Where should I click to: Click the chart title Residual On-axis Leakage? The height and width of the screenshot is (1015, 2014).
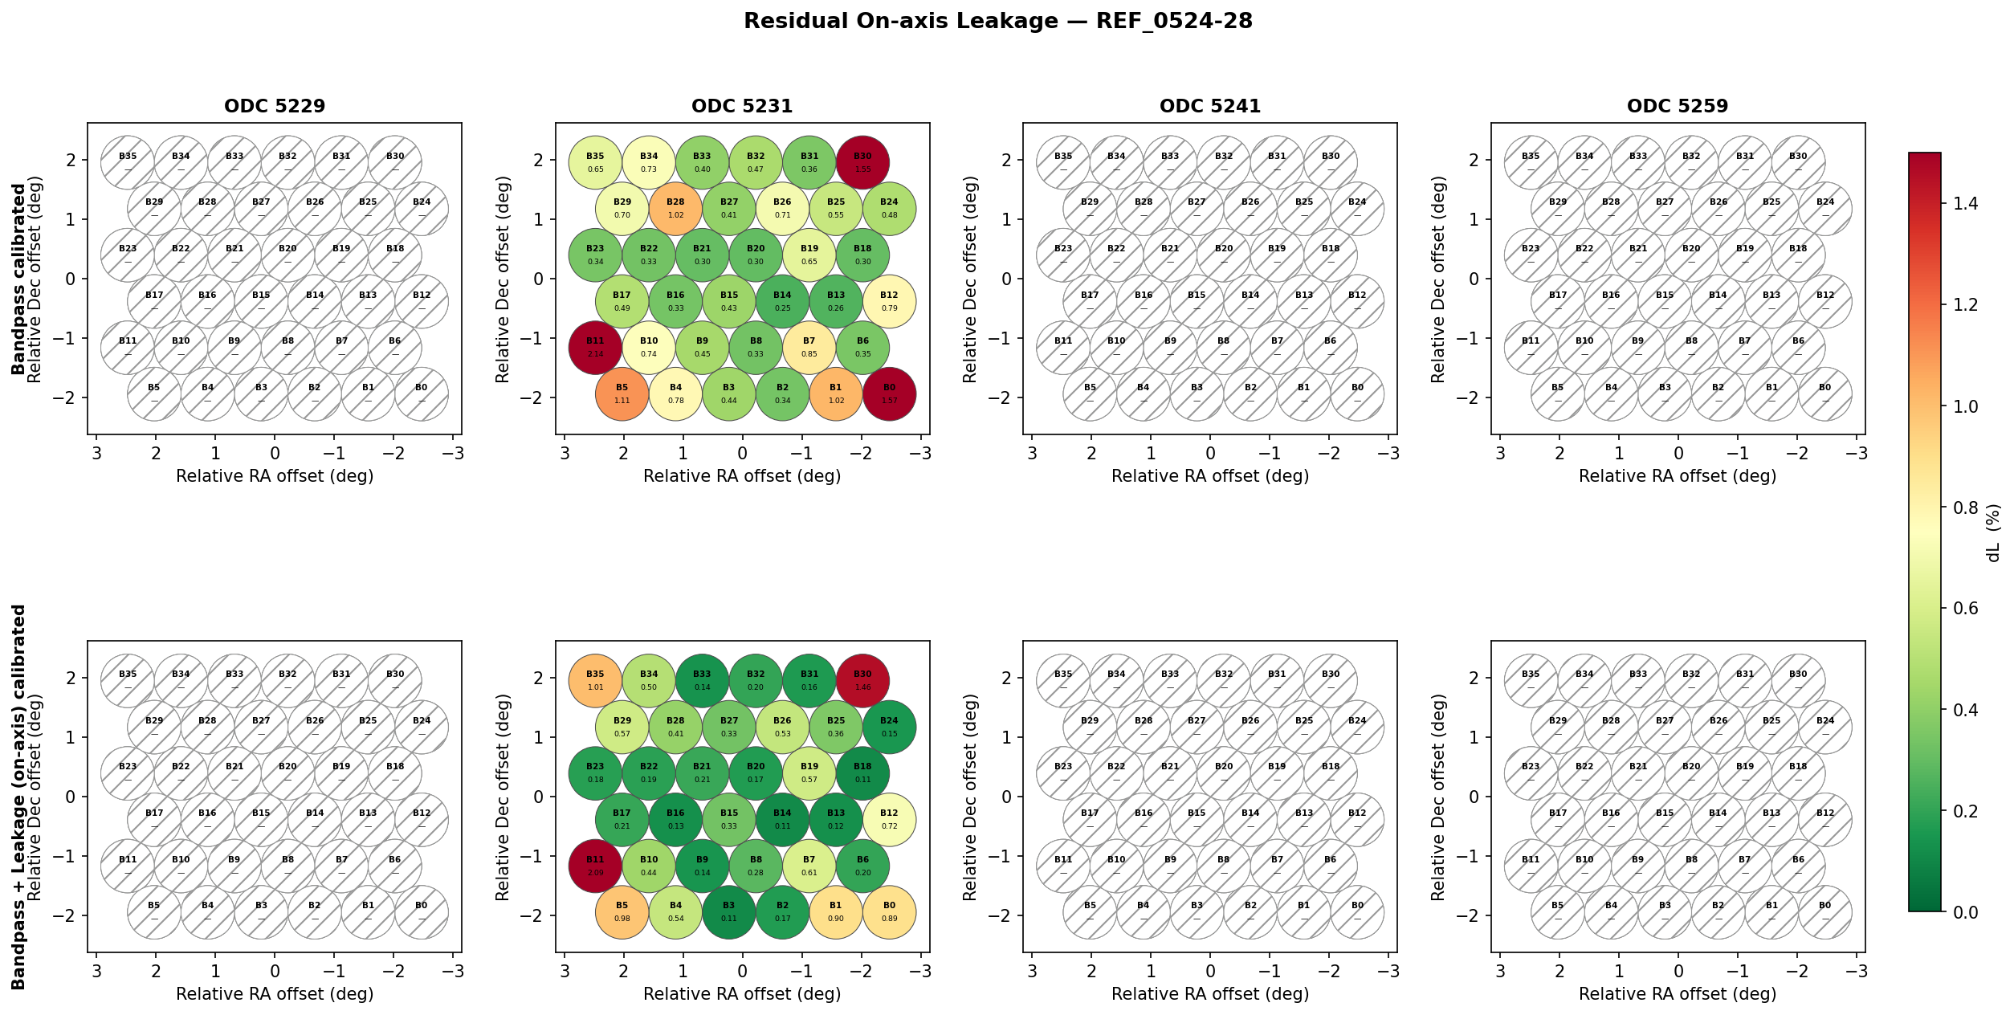[997, 22]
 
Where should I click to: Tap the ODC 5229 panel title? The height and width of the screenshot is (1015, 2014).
[275, 106]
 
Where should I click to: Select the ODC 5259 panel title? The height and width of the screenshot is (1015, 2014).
[1678, 106]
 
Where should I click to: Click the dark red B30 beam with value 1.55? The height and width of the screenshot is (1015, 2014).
[862, 162]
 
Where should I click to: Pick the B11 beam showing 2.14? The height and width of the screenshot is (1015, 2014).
[595, 348]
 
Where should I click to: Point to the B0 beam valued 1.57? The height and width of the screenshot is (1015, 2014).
[889, 394]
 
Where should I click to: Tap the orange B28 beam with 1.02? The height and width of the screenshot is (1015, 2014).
[675, 209]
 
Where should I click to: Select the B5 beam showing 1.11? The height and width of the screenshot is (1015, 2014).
[622, 394]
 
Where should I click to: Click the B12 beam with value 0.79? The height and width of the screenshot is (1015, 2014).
[889, 302]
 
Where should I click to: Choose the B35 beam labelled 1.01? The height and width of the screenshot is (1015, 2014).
[595, 681]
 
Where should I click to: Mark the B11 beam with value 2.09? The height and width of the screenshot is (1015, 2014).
[595, 866]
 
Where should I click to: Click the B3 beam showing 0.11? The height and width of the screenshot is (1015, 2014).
[728, 912]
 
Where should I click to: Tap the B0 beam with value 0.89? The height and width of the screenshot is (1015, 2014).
[889, 912]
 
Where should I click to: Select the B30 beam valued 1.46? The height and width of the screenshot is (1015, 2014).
[862, 681]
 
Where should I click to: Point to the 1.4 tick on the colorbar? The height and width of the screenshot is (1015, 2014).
[1965, 204]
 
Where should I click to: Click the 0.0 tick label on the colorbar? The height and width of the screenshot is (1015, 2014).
[1965, 912]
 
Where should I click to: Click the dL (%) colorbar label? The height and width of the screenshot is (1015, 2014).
[1993, 532]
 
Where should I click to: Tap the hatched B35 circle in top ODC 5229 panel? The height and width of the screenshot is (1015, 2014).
[128, 162]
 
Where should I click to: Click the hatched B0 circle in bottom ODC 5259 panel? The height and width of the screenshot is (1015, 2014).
[1824, 912]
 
